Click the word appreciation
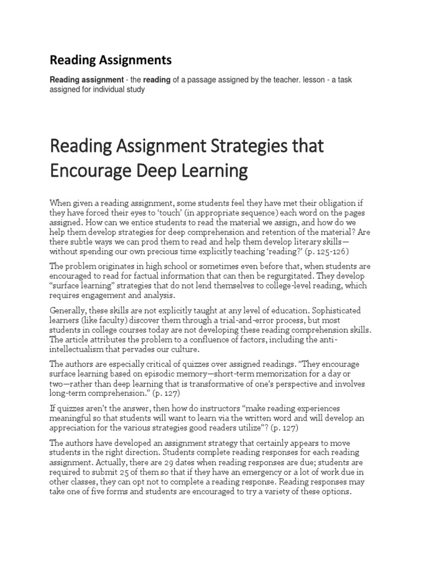tap(76, 428)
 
